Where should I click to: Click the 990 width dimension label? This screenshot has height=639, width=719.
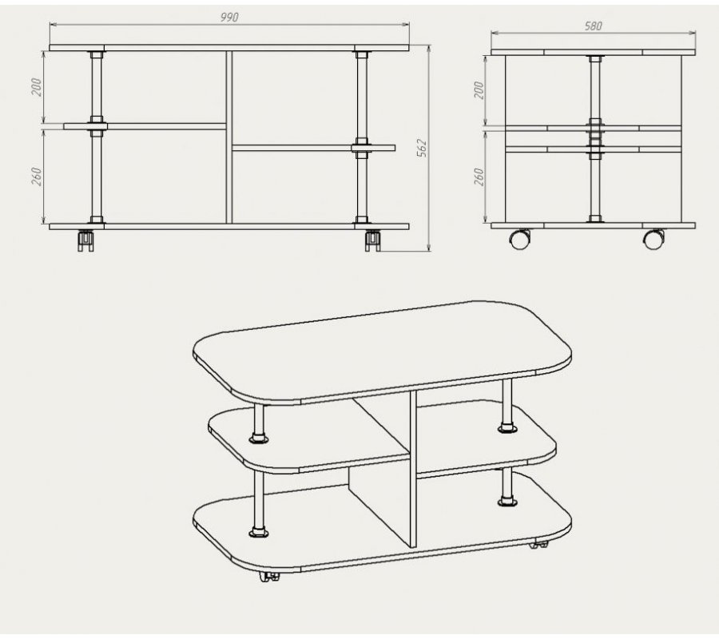(x=229, y=17)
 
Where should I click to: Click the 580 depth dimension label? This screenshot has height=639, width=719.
(x=593, y=26)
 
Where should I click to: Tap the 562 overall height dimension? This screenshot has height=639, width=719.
(x=421, y=148)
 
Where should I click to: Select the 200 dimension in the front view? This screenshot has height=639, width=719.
(x=36, y=87)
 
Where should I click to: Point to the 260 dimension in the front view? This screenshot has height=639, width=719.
(x=36, y=177)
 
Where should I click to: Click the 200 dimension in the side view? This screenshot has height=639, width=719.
(x=479, y=90)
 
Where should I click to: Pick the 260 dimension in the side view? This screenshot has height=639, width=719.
(x=479, y=177)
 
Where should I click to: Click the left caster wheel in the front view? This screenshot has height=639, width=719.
(x=85, y=240)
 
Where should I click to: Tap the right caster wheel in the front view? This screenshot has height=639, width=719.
(x=373, y=240)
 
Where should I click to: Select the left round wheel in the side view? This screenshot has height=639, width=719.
(x=520, y=240)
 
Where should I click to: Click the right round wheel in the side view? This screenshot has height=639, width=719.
(x=653, y=240)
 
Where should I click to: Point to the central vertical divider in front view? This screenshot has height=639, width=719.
(x=229, y=137)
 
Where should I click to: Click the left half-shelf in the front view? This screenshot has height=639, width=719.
(x=145, y=126)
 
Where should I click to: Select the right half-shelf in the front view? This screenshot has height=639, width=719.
(x=314, y=148)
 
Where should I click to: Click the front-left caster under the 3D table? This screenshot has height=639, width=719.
(x=269, y=577)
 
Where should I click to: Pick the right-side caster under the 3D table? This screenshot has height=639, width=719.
(x=538, y=545)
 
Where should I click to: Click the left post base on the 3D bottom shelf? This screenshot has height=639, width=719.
(x=259, y=532)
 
